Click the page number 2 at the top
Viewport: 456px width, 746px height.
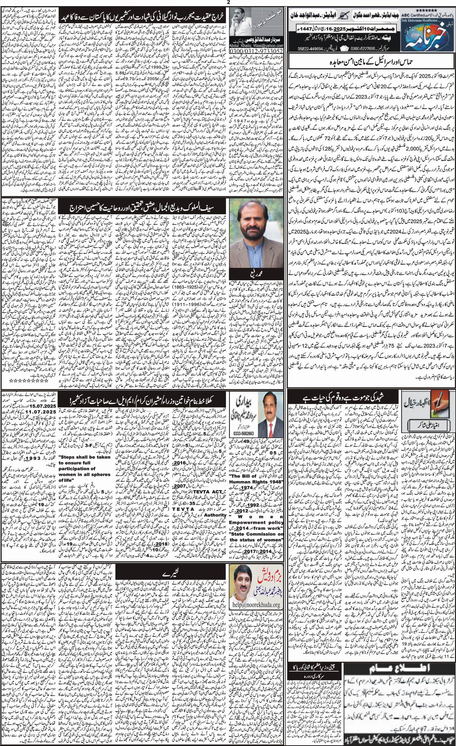pyautogui.click(x=228, y=3)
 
